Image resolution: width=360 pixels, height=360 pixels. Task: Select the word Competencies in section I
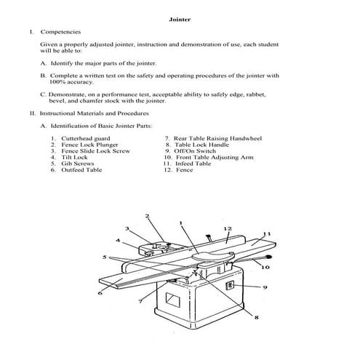point(60,32)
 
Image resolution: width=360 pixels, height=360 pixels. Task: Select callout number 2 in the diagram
point(148,216)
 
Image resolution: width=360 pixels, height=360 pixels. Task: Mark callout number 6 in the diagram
point(99,292)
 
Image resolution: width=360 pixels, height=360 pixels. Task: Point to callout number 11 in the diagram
point(267,233)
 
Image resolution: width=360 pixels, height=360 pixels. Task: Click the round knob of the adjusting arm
point(270,257)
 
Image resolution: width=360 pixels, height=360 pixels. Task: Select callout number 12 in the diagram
point(228,228)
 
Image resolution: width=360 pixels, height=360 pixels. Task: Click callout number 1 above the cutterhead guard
point(180,224)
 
